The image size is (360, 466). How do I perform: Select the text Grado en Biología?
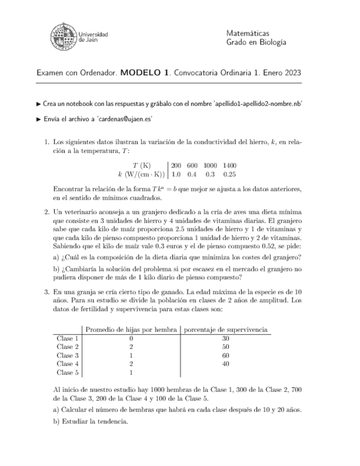click(x=257, y=43)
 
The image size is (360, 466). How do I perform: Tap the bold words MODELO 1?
click(x=144, y=73)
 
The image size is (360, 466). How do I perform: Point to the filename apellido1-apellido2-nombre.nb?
click(x=256, y=103)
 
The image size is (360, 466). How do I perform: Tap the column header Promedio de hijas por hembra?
click(x=132, y=330)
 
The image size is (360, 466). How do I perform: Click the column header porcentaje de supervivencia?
click(x=225, y=330)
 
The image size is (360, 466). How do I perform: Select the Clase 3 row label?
click(x=68, y=355)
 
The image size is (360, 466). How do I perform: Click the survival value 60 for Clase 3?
click(x=225, y=355)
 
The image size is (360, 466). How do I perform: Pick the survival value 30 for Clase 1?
click(x=225, y=339)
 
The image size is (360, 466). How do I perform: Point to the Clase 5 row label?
click(x=68, y=372)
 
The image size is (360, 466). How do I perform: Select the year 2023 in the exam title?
click(x=289, y=73)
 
